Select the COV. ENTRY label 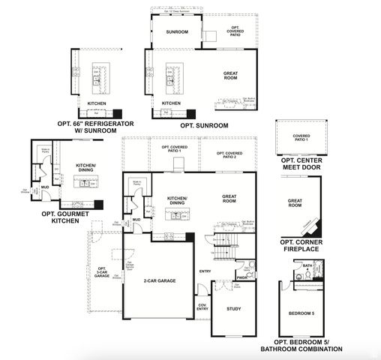pyautogui.click(x=202, y=307)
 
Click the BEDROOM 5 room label pyautogui.click(x=303, y=313)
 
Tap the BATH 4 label pyautogui.click(x=307, y=266)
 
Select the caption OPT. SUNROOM pyautogui.click(x=201, y=126)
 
